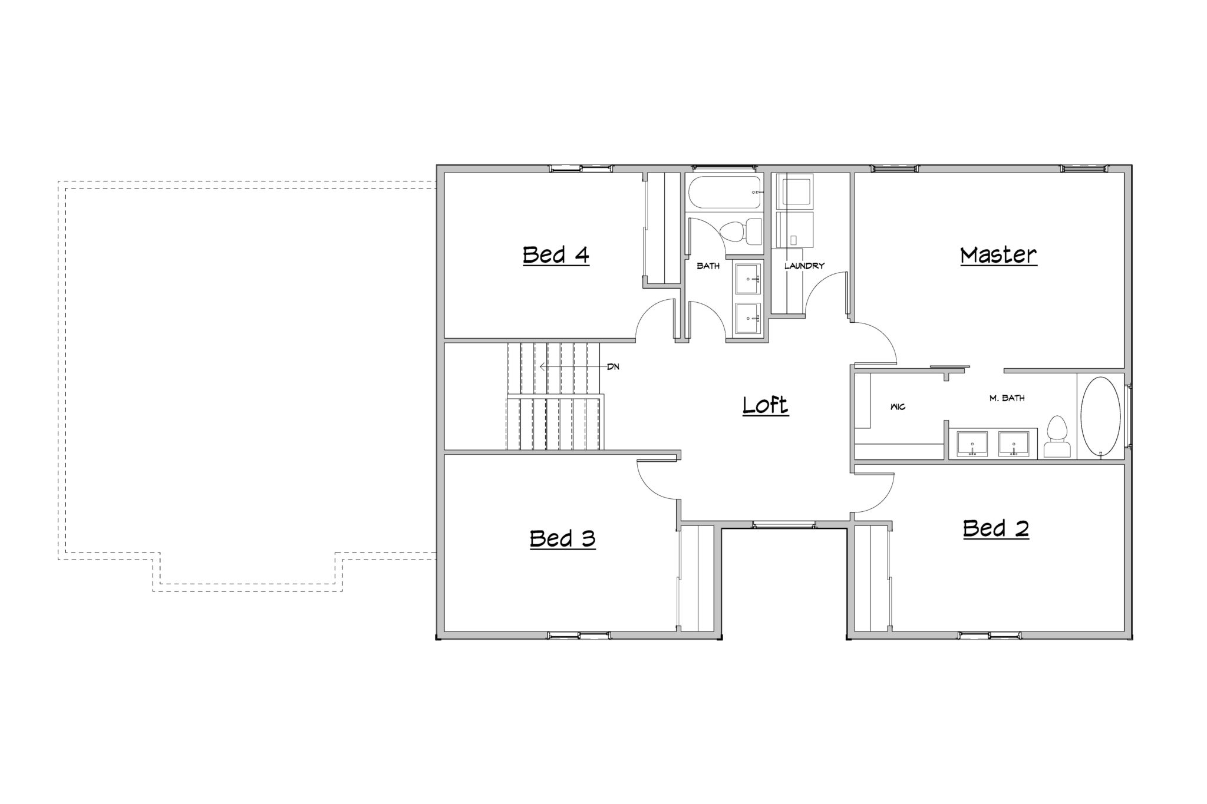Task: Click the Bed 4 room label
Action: (556, 255)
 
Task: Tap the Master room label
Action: (998, 255)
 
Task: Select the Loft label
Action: (765, 405)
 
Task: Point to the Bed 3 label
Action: (562, 538)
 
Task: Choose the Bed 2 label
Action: (996, 528)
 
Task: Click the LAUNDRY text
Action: (804, 266)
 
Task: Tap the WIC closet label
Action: (898, 407)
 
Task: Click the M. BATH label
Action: (1007, 398)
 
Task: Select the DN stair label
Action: (613, 367)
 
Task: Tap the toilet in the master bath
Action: (1056, 437)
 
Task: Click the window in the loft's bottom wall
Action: (784, 524)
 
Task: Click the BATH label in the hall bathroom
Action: (708, 266)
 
